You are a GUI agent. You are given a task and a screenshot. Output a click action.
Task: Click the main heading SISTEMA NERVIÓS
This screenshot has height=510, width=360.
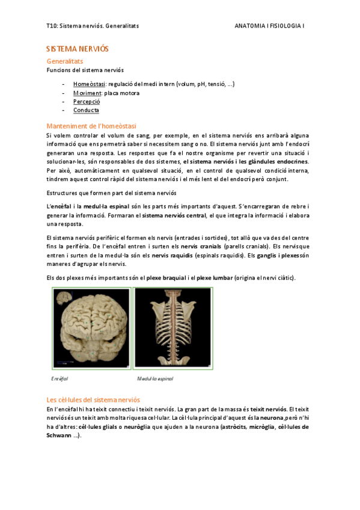78,48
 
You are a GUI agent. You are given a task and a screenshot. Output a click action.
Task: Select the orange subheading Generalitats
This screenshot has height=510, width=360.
65,61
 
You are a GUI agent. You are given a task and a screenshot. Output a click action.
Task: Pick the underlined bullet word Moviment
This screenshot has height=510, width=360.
87,93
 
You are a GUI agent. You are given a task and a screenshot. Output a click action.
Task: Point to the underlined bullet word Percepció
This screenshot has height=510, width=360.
87,102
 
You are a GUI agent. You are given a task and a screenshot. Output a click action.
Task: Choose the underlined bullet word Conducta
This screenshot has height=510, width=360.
86,110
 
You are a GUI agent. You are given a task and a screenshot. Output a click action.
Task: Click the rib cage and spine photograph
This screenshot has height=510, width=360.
173,328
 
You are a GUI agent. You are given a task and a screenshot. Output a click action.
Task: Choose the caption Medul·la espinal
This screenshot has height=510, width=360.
155,379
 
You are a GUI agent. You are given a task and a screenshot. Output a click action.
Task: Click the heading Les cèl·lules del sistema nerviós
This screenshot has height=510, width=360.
93,399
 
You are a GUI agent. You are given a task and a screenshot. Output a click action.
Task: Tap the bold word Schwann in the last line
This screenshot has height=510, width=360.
58,435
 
